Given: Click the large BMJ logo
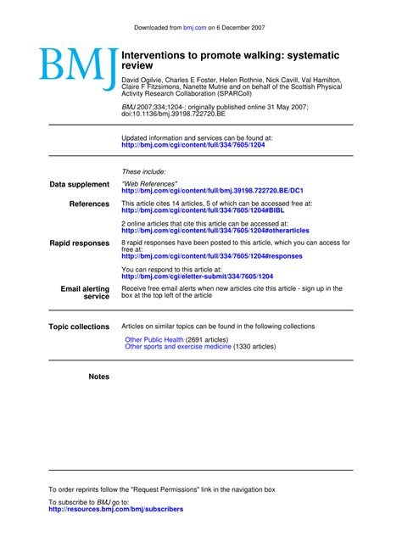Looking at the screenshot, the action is pos(76,69).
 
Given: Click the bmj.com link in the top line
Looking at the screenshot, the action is pos(194,28).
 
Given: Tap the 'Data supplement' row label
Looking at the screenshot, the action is pos(80,184).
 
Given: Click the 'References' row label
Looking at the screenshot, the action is pos(89,204).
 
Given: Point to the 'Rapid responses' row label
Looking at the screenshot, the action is pos(80,243).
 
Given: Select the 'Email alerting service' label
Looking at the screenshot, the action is pos(85,293).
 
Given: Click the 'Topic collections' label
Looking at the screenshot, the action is pos(79,327).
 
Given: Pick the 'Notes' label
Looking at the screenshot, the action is pos(99,377).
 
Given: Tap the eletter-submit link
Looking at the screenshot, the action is pos(198,276).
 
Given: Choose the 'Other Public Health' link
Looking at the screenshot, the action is pos(154,339).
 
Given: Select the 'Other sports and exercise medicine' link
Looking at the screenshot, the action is pos(178,347).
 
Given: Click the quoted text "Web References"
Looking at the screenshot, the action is pos(150,184).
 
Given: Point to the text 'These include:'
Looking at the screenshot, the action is pos(144,172).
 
